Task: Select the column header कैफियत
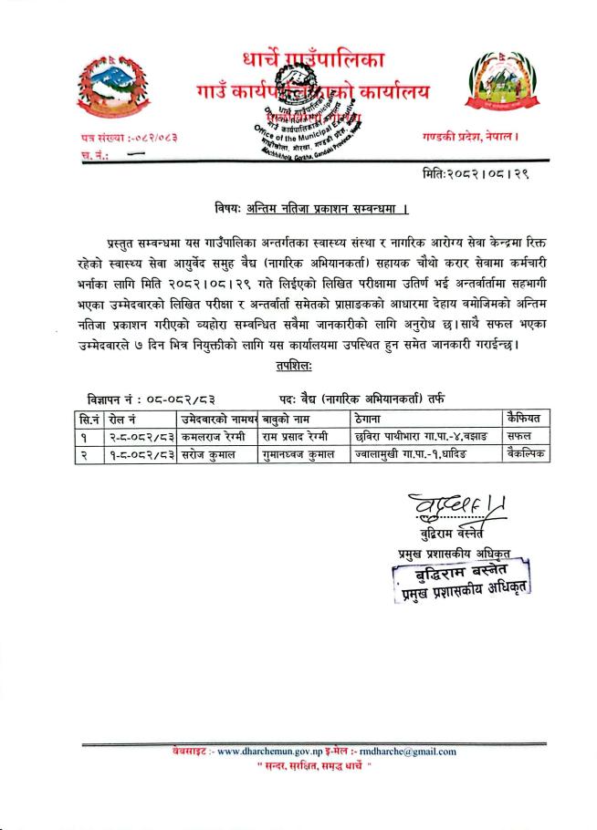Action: (x=524, y=418)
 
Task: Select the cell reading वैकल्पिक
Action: (x=524, y=452)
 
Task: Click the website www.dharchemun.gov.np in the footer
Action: (x=272, y=751)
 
